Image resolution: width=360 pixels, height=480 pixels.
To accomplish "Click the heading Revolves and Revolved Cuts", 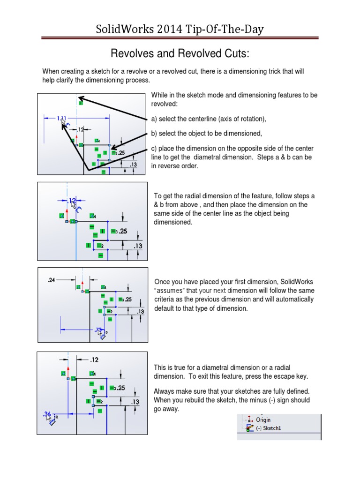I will (180, 54).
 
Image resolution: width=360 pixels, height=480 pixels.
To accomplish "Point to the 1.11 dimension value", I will (61, 119).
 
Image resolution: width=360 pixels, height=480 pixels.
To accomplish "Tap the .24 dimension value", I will (52, 280).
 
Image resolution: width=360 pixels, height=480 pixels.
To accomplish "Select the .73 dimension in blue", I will (98, 330).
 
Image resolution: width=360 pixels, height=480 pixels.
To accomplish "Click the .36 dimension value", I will (47, 414).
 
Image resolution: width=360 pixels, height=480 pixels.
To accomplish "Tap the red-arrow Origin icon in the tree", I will (249, 420).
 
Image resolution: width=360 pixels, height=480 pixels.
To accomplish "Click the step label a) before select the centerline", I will (154, 119).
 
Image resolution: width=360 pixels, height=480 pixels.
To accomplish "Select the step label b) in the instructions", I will (154, 133).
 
